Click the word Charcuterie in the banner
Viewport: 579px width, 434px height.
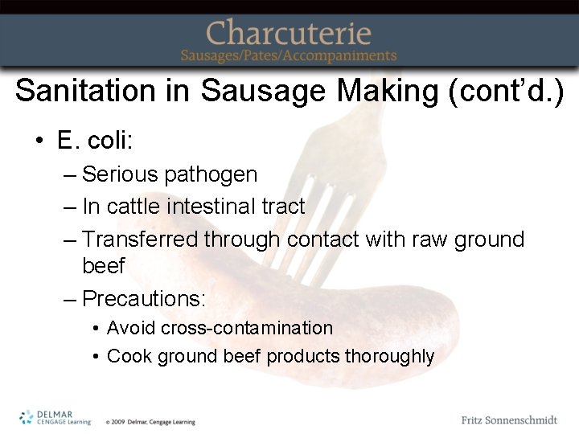[x=289, y=33]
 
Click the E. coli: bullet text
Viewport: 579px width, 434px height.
[x=94, y=141]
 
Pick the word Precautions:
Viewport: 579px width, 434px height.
[x=144, y=299]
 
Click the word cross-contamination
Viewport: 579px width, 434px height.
[x=246, y=328]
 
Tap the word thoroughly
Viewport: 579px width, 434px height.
[x=389, y=356]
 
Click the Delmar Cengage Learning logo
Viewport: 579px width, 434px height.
[x=55, y=417]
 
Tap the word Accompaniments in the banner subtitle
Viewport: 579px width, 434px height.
[x=347, y=56]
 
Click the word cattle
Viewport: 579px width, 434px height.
[x=134, y=207]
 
